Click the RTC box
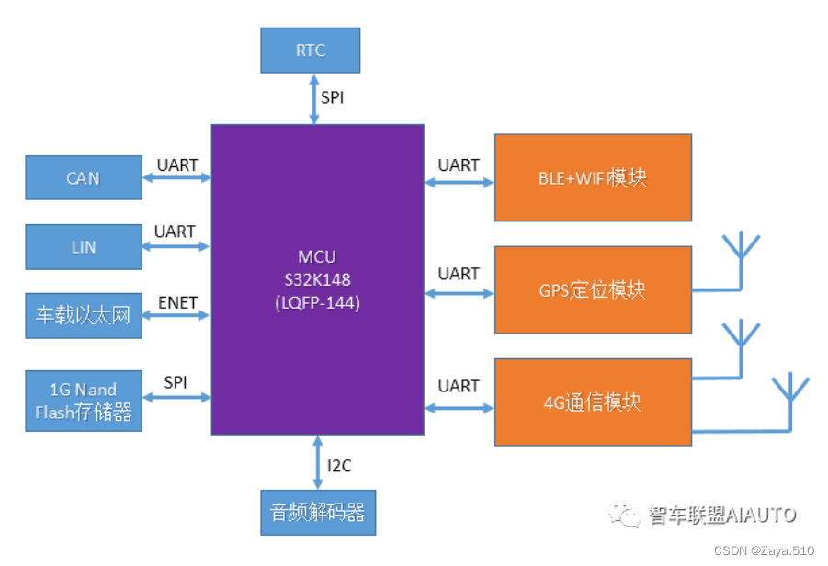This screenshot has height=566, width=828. click(x=310, y=51)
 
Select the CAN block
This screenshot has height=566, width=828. click(x=84, y=178)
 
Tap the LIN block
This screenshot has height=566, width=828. click(x=84, y=247)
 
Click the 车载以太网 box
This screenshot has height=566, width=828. click(x=84, y=316)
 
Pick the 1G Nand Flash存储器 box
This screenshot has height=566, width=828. click(x=84, y=400)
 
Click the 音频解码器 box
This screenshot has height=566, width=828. click(x=318, y=512)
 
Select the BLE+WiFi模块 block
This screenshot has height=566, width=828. click(x=593, y=177)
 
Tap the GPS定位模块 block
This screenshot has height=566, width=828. click(x=593, y=289)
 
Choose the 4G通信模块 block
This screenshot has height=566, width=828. click(x=593, y=402)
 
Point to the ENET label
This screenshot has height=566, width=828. click(x=177, y=302)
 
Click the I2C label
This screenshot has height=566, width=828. click(x=339, y=466)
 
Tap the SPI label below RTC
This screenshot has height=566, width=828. click(x=333, y=96)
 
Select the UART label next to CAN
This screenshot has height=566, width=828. click(x=177, y=165)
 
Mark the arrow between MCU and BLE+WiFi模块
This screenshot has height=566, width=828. click(x=459, y=182)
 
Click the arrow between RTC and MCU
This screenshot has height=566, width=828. click(x=314, y=98)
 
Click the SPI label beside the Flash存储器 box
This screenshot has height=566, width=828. click(x=176, y=382)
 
